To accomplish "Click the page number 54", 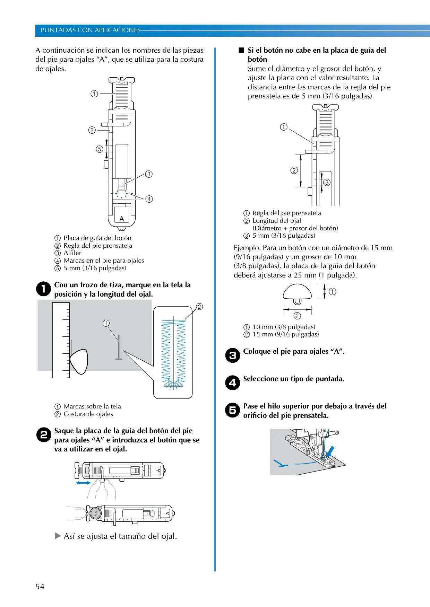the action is [40, 587].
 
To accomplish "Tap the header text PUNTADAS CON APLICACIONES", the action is [90, 30].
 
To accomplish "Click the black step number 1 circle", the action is [44, 289].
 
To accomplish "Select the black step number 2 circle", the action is [44, 435].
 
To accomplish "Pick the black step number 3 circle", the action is [233, 355].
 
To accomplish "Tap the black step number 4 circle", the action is [233, 383].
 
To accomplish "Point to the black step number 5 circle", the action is [233, 410].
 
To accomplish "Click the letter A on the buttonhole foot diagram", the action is [122, 219].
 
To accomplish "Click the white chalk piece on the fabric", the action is [79, 362].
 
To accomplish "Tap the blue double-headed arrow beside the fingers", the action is [83, 483].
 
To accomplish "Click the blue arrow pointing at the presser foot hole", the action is [330, 451].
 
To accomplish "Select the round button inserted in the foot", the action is [96, 513].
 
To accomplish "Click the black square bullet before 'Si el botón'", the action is [241, 50].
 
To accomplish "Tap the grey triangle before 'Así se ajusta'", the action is [58, 536].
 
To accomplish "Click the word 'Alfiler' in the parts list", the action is [72, 253].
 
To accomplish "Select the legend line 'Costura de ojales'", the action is [88, 414].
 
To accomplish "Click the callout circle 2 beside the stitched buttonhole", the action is [199, 307].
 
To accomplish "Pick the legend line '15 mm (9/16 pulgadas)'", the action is [286, 334].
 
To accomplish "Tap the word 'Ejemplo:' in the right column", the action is [247, 248].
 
